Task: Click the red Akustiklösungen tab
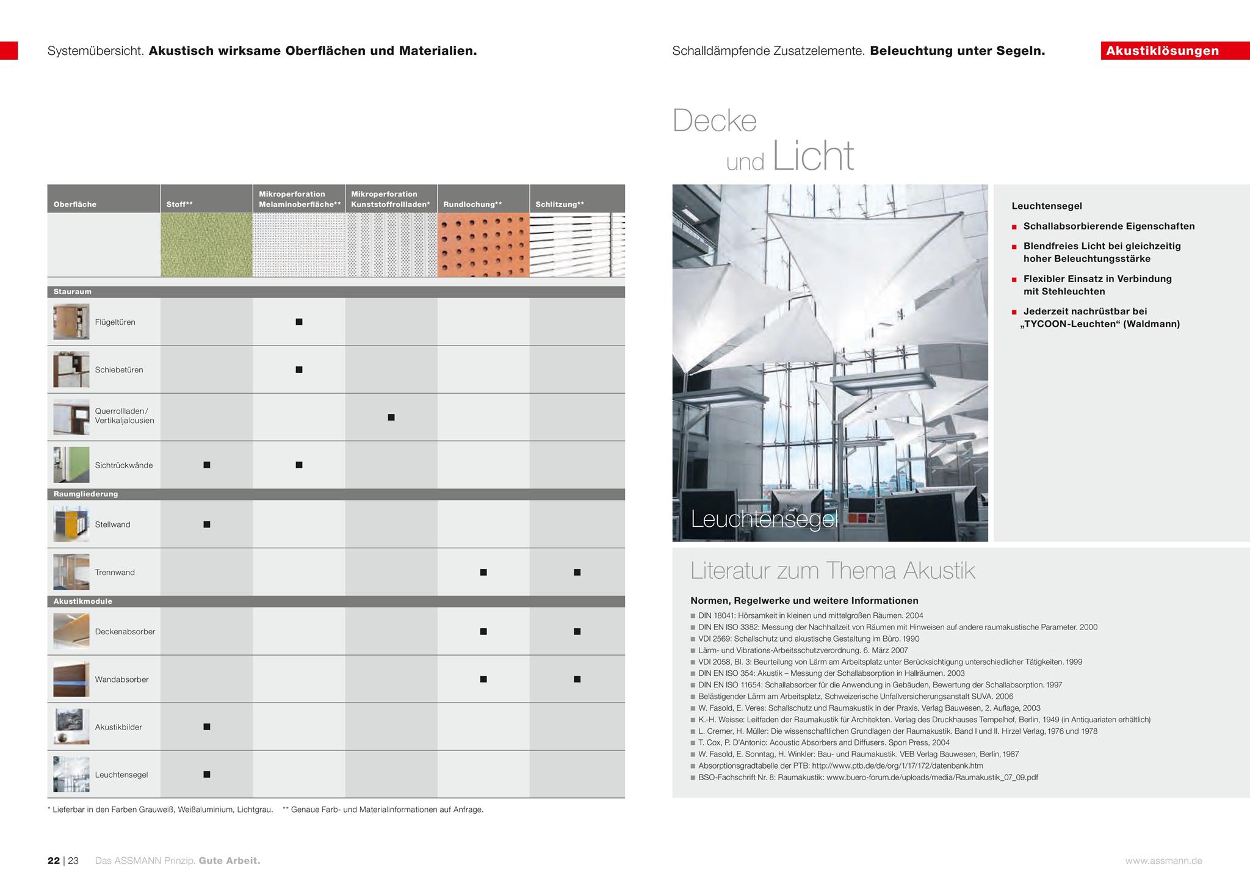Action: [x=1162, y=51]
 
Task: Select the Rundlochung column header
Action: [x=472, y=205]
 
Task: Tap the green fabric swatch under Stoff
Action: [x=206, y=245]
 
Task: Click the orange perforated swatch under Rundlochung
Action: [x=483, y=245]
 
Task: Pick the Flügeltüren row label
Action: [x=115, y=322]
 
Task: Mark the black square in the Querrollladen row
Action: [x=391, y=418]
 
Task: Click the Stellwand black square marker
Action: [x=207, y=524]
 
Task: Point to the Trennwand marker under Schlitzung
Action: [x=577, y=573]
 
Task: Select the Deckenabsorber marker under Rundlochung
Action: [x=483, y=632]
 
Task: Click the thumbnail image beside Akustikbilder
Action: [x=71, y=726]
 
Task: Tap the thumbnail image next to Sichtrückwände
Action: [x=71, y=465]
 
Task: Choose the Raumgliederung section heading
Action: [x=85, y=494]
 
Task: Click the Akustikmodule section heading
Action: [x=83, y=601]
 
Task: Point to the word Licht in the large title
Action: [x=813, y=156]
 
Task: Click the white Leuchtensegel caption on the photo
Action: [x=764, y=519]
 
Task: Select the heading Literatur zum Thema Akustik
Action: [x=833, y=571]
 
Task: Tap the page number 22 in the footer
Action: [x=54, y=861]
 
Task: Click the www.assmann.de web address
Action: [x=1163, y=861]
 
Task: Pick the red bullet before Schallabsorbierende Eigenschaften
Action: [x=1014, y=227]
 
